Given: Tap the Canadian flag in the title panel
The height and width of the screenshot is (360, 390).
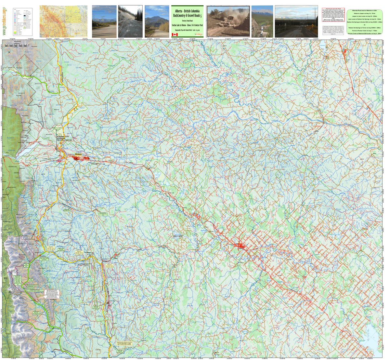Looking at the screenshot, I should pos(175,34).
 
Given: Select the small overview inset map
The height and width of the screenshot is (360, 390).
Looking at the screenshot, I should pos(63,21).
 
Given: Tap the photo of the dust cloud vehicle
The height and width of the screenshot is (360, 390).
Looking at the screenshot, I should pos(228,21).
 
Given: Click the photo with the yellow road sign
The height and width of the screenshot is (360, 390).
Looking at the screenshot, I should pos(296,21).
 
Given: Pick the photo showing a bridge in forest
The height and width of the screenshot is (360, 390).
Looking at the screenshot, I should pos(262,21).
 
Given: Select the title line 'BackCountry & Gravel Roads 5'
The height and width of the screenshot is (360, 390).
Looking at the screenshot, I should pos(187,15).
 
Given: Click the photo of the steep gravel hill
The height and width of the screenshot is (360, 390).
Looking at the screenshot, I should pos(130,21).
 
